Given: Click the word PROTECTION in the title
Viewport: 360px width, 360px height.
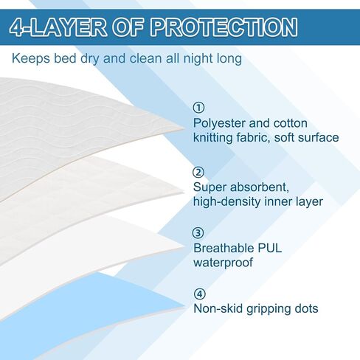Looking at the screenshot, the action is pyautogui.click(x=224, y=27).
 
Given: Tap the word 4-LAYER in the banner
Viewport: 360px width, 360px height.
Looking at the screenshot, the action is pyautogui.click(x=58, y=27).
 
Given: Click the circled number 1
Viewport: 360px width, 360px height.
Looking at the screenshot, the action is pyautogui.click(x=198, y=108).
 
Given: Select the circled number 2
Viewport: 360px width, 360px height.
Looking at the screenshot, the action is pyautogui.click(x=198, y=172).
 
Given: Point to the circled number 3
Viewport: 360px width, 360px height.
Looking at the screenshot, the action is pyautogui.click(x=198, y=232).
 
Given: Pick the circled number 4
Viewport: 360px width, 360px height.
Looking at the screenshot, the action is pyautogui.click(x=199, y=294).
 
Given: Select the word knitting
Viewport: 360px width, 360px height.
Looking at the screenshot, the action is pyautogui.click(x=212, y=138).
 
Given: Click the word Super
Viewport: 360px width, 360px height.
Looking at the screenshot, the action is pyautogui.click(x=210, y=188).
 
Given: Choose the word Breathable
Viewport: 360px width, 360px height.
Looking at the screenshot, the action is pyautogui.click(x=224, y=248).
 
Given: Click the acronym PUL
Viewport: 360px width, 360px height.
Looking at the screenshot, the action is pyautogui.click(x=269, y=248).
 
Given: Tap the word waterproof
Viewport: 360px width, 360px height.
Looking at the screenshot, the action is pyautogui.click(x=223, y=263).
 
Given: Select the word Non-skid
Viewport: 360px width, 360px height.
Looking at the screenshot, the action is pyautogui.click(x=218, y=308).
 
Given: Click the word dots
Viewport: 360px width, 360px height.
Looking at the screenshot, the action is pyautogui.click(x=305, y=308).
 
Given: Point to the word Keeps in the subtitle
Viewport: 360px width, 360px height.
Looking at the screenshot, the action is pyautogui.click(x=31, y=58).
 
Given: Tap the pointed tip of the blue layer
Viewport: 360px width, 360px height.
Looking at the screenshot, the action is pyautogui.click(x=185, y=306).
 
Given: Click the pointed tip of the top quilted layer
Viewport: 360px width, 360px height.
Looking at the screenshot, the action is pyautogui.click(x=184, y=128).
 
